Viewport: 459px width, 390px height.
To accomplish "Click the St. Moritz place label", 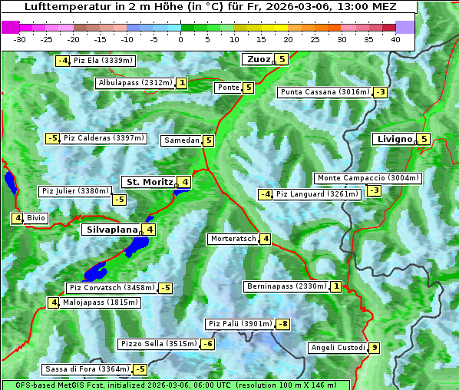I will [150, 182].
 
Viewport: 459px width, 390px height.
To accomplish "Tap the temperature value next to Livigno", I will [424, 139].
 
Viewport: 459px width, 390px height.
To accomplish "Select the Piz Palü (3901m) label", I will [239, 324].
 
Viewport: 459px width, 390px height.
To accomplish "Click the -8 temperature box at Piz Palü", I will [283, 324].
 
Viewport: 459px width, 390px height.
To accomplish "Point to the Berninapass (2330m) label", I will [286, 286].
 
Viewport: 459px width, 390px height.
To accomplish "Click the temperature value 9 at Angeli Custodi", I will [374, 348].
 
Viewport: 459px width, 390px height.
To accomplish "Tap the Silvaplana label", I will [112, 229].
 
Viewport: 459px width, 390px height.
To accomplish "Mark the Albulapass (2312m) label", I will [135, 83].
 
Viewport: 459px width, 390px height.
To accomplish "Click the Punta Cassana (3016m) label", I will [325, 92].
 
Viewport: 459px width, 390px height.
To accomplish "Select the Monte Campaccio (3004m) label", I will [368, 178].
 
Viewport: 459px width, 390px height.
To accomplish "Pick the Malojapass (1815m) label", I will [100, 302].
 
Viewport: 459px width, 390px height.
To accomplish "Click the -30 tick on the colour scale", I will [20, 38].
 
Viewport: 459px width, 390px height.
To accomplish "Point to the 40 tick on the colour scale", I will [395, 38].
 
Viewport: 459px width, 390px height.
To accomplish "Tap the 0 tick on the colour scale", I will [180, 38].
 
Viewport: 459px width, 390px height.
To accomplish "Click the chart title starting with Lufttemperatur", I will [210, 7].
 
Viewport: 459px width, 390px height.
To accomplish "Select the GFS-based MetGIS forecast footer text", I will [175, 385].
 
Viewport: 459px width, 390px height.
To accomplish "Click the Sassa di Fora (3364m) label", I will [86, 369].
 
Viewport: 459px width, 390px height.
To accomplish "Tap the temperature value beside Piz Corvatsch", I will [164, 288].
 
